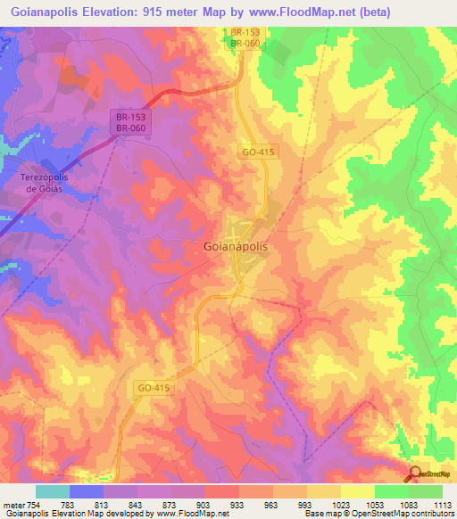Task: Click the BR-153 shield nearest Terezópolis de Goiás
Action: click(130, 116)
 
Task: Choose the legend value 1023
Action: click(341, 505)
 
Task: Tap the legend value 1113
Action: click(443, 505)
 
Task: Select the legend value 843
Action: click(137, 505)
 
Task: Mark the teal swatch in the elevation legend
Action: click(53, 491)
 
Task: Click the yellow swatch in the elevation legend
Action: click(357, 491)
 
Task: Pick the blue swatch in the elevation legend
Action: click(87, 491)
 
